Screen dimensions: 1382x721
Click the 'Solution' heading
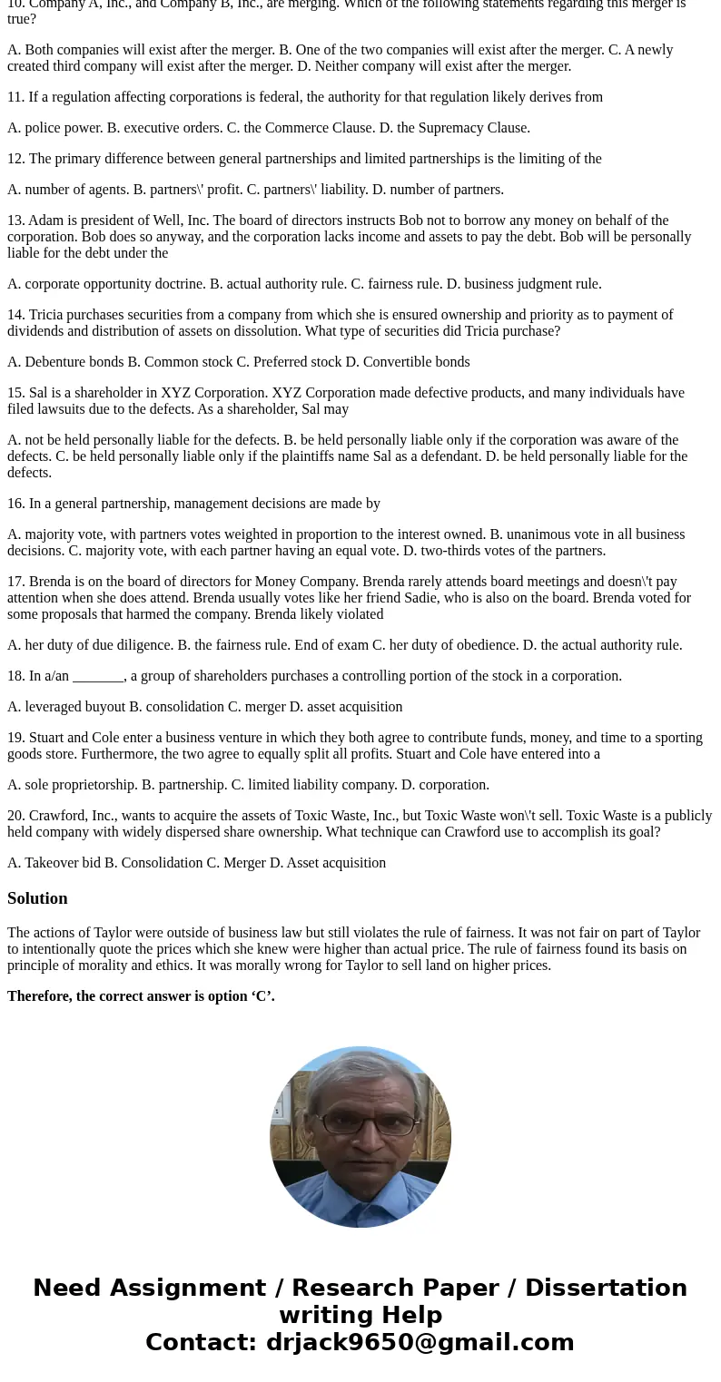(37, 898)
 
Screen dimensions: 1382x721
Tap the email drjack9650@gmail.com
(420, 1342)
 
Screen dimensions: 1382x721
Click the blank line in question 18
(98, 677)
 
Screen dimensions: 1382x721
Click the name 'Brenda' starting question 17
(50, 582)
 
